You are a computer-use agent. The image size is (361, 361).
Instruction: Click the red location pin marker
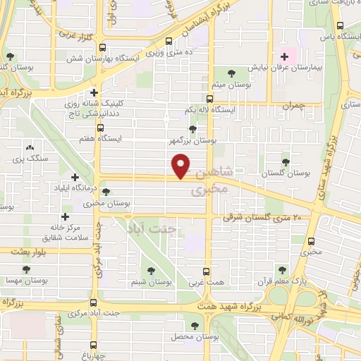pos(182,166)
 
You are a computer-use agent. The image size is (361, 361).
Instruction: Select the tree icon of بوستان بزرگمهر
pos(192,128)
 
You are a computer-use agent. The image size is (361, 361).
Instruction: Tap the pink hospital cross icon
pos(285,57)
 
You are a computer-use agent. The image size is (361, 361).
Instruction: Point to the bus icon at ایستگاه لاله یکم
pos(209,99)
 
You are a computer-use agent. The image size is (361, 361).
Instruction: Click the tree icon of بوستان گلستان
pos(285,161)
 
